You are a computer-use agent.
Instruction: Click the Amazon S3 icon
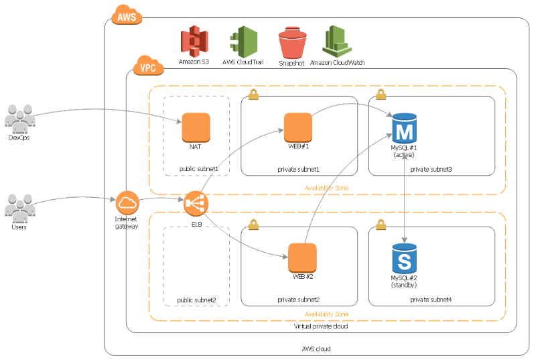coord(194,41)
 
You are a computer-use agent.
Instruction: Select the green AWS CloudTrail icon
coord(244,42)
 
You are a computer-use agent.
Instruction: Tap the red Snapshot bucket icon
coord(292,43)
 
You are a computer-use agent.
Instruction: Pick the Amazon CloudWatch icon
coord(337,42)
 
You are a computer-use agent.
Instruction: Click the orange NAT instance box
coord(196,127)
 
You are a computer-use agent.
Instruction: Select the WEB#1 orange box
coord(298,127)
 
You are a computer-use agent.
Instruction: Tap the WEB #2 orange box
coord(303,258)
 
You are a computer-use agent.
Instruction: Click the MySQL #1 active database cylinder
coord(405,128)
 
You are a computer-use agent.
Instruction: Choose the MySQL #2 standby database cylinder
coord(405,259)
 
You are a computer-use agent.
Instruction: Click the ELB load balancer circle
coord(196,203)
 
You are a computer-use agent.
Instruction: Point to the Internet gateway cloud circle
coord(127,202)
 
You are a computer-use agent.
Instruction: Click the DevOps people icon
coord(20,119)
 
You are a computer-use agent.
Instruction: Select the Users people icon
coord(20,208)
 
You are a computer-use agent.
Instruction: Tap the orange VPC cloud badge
coord(148,66)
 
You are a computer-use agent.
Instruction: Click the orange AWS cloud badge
coord(127,15)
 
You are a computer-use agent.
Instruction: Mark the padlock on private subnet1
coord(253,95)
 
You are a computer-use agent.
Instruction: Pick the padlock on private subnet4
coord(381,225)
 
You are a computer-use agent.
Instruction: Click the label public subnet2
coord(196,300)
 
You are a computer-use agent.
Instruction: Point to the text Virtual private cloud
coord(321,326)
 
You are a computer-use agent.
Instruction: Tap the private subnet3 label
coord(431,169)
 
